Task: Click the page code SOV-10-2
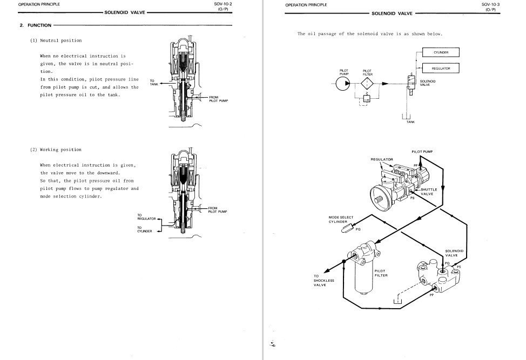(222, 4)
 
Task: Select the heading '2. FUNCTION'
(35, 25)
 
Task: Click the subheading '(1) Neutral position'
(56, 40)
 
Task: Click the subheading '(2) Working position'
(56, 150)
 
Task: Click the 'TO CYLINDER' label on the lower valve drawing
(145, 229)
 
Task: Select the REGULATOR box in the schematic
(441, 69)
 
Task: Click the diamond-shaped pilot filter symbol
(367, 84)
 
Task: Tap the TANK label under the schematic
(410, 122)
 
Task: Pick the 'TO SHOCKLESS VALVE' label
(323, 281)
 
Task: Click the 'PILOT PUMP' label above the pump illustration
(422, 152)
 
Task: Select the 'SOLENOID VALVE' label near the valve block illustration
(454, 253)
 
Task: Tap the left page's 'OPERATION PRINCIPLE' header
(39, 4)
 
